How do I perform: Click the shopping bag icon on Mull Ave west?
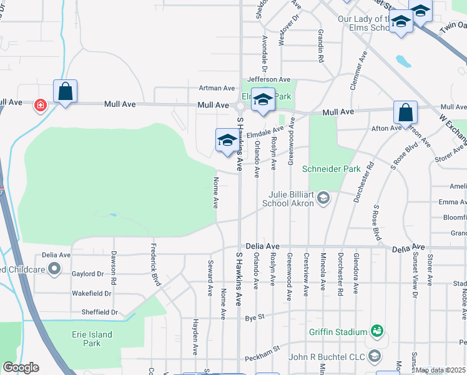pyautogui.click(x=65, y=91)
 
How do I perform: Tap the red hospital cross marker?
pyautogui.click(x=41, y=104)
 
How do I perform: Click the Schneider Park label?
pyautogui.click(x=323, y=169)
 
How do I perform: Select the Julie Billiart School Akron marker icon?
pyautogui.click(x=323, y=198)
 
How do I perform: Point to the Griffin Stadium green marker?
pyautogui.click(x=376, y=330)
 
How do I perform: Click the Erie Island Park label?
pyautogui.click(x=92, y=339)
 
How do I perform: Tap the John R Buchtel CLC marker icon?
pyautogui.click(x=374, y=356)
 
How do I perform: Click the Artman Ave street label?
pyautogui.click(x=216, y=88)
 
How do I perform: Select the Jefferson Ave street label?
pyautogui.click(x=268, y=79)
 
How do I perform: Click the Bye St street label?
pyautogui.click(x=255, y=317)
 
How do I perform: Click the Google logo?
pyautogui.click(x=21, y=367)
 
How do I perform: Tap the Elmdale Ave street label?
pyautogui.click(x=265, y=132)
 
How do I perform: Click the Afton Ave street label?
pyautogui.click(x=386, y=128)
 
